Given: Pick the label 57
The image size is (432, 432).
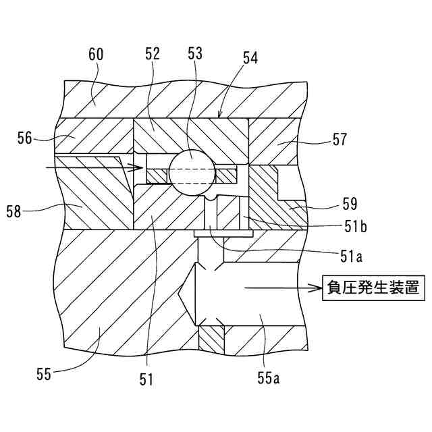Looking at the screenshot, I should [340, 140].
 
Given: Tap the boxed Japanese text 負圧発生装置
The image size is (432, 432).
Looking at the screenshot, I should [365, 289].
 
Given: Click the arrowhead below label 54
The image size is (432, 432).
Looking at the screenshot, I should [220, 115].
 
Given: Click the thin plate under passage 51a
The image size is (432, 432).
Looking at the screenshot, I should [223, 233].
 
